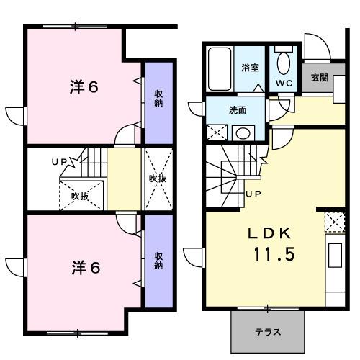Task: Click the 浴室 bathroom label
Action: (251, 68)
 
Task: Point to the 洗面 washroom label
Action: (238, 110)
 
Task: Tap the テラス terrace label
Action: (267, 333)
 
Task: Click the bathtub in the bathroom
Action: (220, 68)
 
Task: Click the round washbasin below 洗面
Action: (243, 132)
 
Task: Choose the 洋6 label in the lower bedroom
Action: (84, 268)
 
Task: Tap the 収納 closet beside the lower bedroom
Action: (158, 259)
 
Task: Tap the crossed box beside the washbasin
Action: (217, 132)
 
